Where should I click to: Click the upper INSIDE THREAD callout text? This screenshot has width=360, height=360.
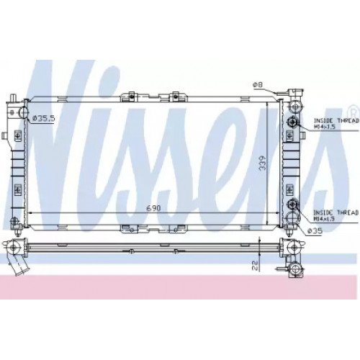[x=336, y=121]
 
